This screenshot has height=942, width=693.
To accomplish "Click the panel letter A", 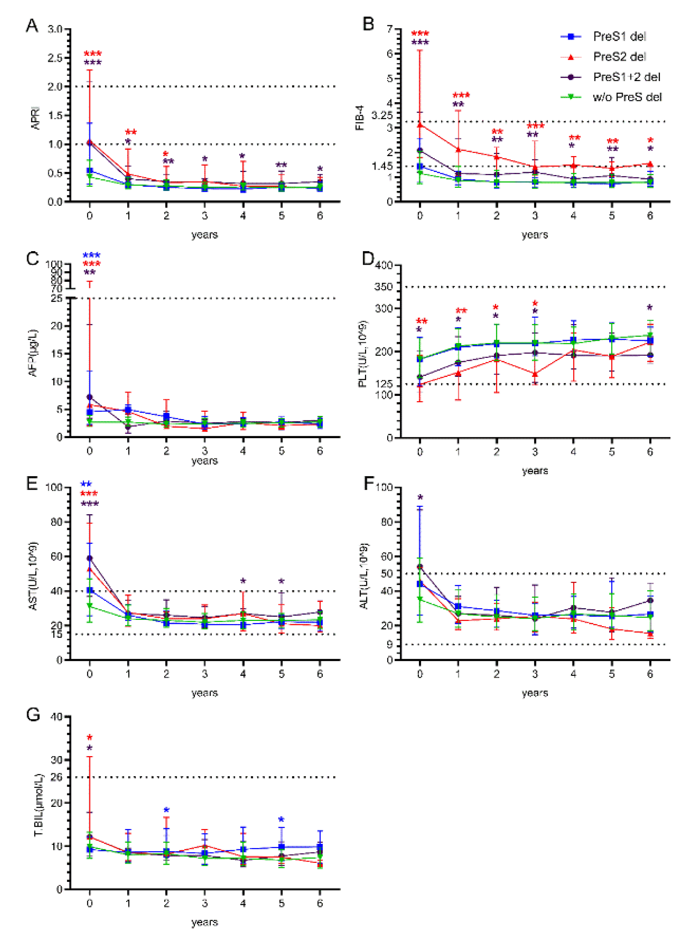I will click(32, 26).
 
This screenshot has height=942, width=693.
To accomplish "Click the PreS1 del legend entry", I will click(619, 37).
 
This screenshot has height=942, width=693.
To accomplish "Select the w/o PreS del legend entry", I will click(627, 97).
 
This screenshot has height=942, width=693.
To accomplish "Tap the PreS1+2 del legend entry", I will click(626, 77).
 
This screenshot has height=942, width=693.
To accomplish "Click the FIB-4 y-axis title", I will click(360, 118).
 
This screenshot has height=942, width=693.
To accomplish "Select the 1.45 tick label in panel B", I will click(382, 167).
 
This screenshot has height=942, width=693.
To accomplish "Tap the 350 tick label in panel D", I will click(384, 287).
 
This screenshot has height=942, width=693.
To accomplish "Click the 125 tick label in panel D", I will click(384, 384).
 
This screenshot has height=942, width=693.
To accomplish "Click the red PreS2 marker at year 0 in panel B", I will click(420, 125).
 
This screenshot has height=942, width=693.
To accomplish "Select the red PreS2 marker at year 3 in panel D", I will click(535, 374).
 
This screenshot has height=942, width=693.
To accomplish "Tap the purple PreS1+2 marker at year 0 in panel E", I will click(89, 558).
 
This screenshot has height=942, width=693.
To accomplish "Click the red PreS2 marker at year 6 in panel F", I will click(650, 633).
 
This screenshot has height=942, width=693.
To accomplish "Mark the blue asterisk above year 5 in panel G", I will click(281, 819).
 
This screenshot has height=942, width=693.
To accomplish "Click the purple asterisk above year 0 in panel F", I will click(420, 498).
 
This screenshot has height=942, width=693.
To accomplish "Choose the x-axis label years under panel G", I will click(204, 922).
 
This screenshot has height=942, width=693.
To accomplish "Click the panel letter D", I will click(368, 259).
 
